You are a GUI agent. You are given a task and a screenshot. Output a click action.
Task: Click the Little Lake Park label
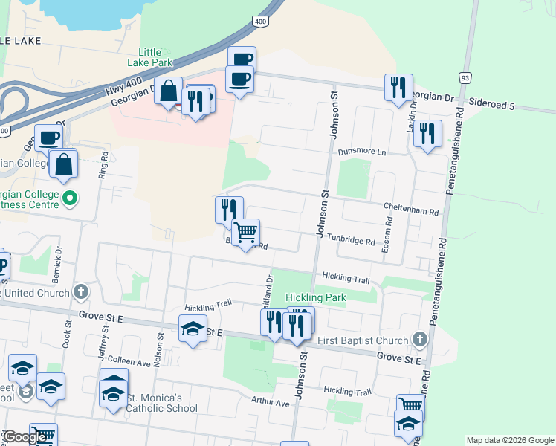pyautogui.click(x=155, y=57)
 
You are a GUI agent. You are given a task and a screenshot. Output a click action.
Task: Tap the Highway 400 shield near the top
pyautogui.click(x=260, y=22)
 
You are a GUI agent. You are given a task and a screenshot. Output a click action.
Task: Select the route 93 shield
pyautogui.click(x=465, y=77)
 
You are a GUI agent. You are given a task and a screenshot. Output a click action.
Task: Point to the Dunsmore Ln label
pyautogui.click(x=363, y=152)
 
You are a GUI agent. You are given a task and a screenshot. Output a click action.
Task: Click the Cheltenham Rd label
pyautogui.click(x=412, y=211)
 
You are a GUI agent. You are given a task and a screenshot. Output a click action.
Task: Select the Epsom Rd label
pyautogui.click(x=387, y=235)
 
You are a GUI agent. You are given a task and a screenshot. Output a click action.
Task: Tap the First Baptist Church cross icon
pyautogui.click(x=420, y=340)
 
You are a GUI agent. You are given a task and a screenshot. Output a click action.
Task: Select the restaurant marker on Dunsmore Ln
pyautogui.click(x=427, y=134)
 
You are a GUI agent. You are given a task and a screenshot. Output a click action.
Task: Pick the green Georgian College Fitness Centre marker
pyautogui.click(x=70, y=198)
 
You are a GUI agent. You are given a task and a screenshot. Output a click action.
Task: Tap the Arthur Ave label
pyautogui.click(x=271, y=402)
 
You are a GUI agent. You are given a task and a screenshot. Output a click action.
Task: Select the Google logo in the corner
pyautogui.click(x=26, y=438)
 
